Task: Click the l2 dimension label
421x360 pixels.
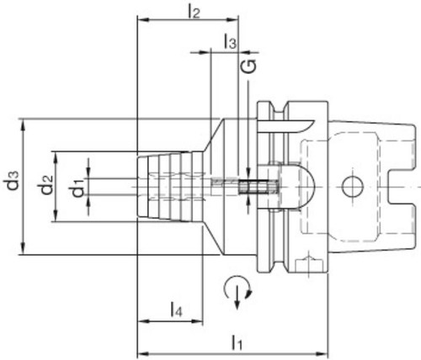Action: coord(194,12)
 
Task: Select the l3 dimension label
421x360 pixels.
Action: coord(230,42)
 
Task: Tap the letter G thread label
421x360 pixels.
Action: coord(248,66)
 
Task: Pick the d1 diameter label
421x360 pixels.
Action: coord(77,188)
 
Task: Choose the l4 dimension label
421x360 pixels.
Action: coord(176,309)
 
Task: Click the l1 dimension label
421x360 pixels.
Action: coord(237,342)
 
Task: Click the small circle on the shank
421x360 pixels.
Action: coord(353,187)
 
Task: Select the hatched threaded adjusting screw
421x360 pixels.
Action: coord(258,187)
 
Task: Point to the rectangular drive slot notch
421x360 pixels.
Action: coord(401,187)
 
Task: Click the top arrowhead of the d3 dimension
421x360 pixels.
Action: coord(23,124)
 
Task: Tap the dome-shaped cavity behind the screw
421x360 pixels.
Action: coord(296,187)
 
